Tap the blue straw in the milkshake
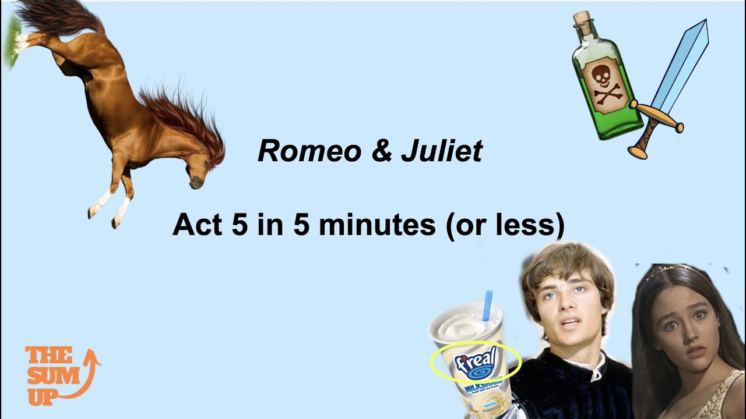tap(488, 305)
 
